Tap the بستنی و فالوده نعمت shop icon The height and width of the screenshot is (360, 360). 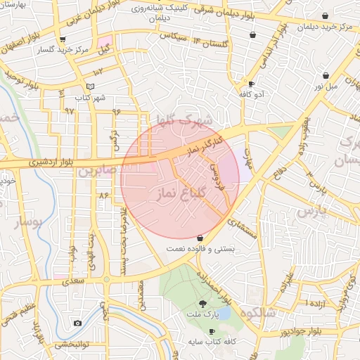tap(201, 238)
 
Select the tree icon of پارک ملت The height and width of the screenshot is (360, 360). tap(203, 304)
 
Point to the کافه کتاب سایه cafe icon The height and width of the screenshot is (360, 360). tap(212, 331)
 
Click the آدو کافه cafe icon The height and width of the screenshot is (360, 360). tap(252, 84)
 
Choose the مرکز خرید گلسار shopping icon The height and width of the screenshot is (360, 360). tap(63, 39)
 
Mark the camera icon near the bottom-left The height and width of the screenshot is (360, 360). tap(77, 323)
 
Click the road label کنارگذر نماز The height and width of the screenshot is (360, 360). tap(207, 145)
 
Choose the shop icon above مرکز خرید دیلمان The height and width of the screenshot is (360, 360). tap(324, 15)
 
